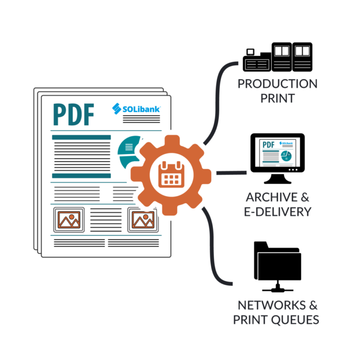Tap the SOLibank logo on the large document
pos(136,109)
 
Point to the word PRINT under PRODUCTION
pos(277,98)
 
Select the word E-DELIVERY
pos(277,211)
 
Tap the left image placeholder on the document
pos(69,219)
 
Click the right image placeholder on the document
pos(143,219)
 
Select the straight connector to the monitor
pos(231,173)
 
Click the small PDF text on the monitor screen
pos(268,145)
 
